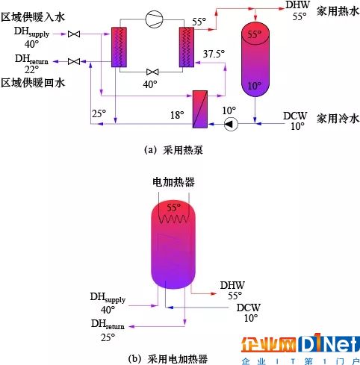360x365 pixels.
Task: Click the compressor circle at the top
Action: [155, 19]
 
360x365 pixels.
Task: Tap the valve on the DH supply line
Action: [74, 34]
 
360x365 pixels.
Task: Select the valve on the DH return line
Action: [74, 61]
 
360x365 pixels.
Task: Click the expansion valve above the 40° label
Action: [152, 72]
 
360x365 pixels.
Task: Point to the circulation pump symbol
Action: [231, 124]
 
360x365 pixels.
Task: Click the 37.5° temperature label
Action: [214, 54]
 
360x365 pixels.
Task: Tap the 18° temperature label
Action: [177, 115]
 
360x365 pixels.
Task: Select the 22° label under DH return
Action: [31, 70]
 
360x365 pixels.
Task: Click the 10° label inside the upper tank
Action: [254, 86]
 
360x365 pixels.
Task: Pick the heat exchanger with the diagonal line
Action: [200, 109]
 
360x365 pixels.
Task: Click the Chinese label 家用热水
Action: [338, 11]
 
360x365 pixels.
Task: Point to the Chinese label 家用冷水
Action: [338, 119]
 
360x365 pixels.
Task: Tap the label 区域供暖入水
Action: [33, 17]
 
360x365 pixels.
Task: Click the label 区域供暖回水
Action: [33, 83]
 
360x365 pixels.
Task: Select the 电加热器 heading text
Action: [173, 182]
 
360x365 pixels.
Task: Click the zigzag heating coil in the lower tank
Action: [173, 219]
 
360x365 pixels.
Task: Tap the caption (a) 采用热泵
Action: [173, 150]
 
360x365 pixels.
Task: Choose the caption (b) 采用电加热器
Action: [168, 359]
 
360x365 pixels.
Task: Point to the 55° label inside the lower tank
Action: [173, 208]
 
